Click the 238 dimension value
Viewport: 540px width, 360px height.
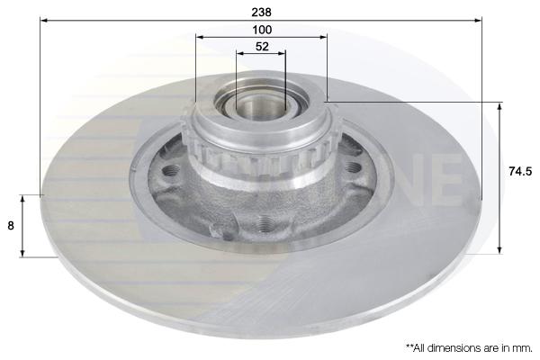261,12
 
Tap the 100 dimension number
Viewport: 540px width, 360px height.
262,30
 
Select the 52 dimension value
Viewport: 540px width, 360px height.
262,47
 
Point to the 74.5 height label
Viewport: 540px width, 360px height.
520,171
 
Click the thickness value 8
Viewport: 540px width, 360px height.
11,226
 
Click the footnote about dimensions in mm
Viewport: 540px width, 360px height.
469,348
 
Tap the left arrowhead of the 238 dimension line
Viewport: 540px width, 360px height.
44,21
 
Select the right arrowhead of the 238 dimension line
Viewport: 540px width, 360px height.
478,21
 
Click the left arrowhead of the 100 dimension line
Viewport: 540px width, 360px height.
200,37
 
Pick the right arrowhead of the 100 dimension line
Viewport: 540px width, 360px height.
323,37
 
